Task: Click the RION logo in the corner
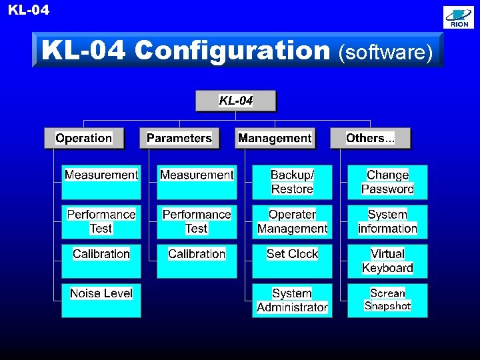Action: point(459,18)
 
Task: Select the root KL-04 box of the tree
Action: point(235,101)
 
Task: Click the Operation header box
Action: point(83,138)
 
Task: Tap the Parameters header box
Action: point(179,138)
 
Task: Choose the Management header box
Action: point(274,138)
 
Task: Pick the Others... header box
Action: point(370,138)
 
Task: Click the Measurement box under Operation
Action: point(101,182)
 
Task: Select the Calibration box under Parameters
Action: point(197,261)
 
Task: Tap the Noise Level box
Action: point(101,300)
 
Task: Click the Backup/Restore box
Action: point(292,182)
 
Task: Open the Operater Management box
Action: point(292,221)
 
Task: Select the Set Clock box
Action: point(292,261)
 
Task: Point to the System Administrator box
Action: point(292,300)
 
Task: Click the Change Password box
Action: point(387,182)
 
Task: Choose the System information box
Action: point(387,221)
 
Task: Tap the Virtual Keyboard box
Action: point(387,261)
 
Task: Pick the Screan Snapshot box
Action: point(387,300)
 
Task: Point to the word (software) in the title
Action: point(386,51)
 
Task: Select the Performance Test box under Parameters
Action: point(197,221)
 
